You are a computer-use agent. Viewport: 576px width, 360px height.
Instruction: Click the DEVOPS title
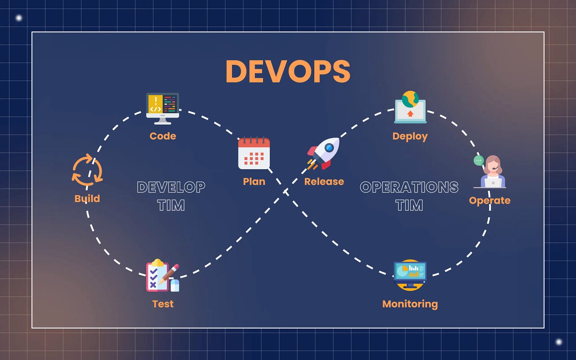[x=288, y=71]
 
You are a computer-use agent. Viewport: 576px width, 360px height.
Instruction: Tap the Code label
[x=163, y=136]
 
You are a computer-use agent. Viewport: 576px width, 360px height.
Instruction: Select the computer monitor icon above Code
[x=163, y=108]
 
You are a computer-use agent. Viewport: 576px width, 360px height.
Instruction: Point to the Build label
[x=87, y=198]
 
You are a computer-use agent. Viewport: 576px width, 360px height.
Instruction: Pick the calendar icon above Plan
[x=254, y=153]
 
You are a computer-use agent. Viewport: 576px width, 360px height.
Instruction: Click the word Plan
[x=254, y=181]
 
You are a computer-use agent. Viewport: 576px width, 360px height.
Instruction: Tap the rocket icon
[x=324, y=153]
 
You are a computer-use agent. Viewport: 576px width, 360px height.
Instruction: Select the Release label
[x=324, y=181]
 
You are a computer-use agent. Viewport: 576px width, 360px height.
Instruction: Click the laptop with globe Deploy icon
[x=410, y=107]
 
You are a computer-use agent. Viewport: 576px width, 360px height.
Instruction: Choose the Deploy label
[x=410, y=136]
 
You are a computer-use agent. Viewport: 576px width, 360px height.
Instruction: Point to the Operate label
[x=489, y=200]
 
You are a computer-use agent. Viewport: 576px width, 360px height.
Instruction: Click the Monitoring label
[x=410, y=304]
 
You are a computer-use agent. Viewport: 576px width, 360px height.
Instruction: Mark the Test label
[x=163, y=304]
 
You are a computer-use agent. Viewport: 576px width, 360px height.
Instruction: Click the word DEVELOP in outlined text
[x=171, y=187]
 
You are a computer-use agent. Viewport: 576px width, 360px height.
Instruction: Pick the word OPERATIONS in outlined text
[x=409, y=187]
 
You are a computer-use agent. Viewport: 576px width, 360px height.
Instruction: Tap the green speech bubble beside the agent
[x=478, y=160]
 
